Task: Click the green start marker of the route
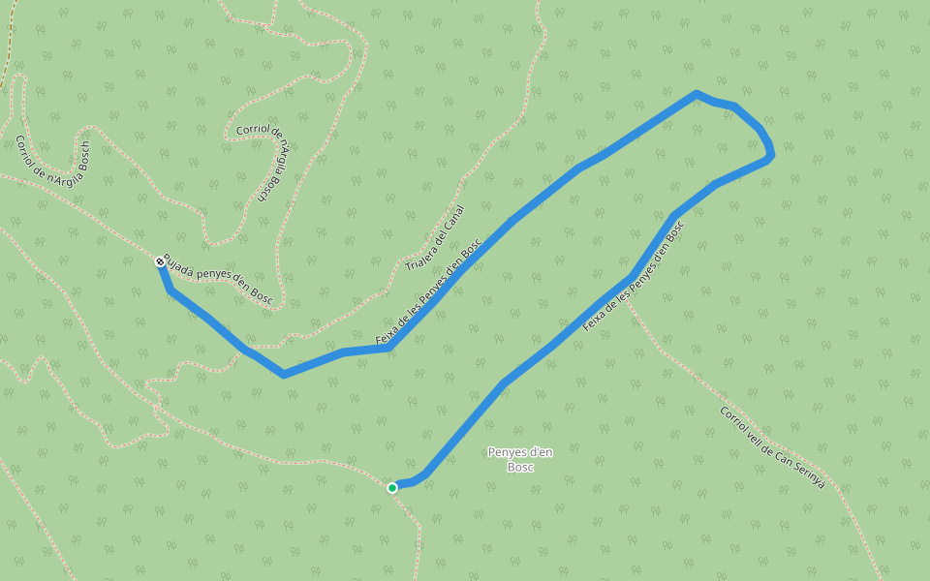[392, 487]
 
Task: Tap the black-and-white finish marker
[159, 261]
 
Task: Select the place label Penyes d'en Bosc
[521, 459]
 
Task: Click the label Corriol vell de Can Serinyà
[772, 446]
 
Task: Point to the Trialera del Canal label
[436, 237]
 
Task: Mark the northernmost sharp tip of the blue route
[696, 93]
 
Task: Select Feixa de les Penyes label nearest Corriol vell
[634, 276]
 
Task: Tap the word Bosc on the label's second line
[521, 467]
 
